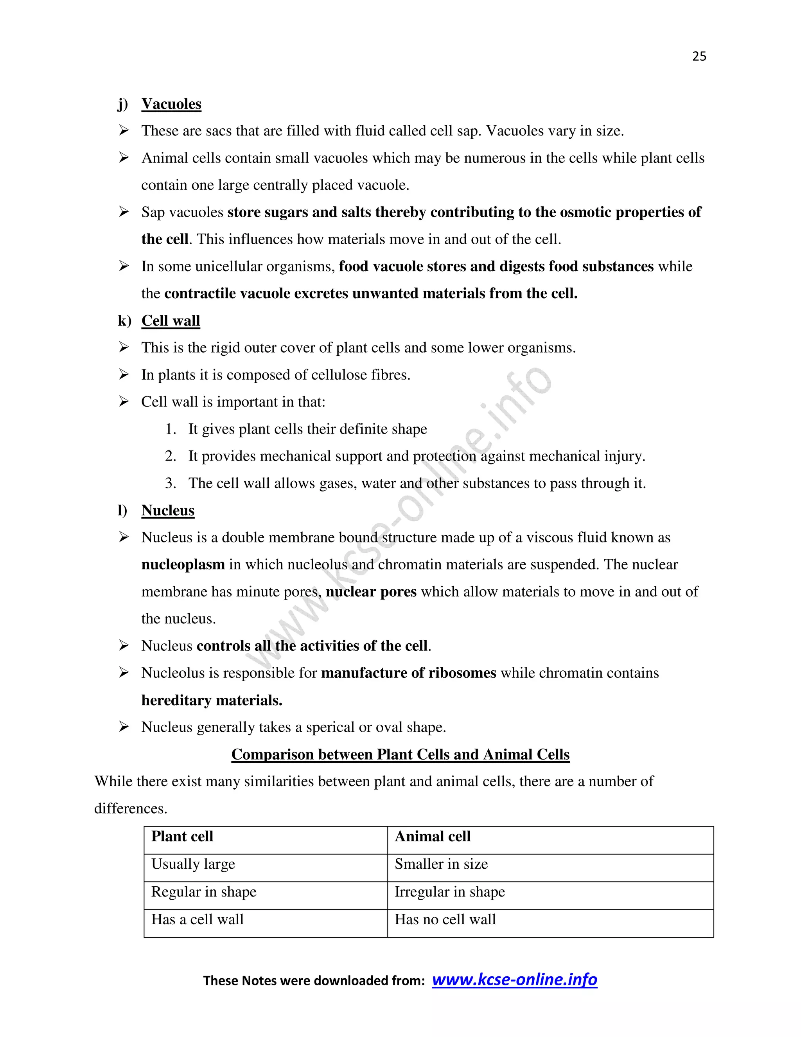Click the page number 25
[699, 56]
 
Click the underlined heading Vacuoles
[171, 104]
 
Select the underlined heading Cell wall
[171, 321]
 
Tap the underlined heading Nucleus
[168, 510]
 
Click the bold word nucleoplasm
[183, 565]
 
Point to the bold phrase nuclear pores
[371, 592]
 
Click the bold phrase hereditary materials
[212, 700]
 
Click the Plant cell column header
[182, 836]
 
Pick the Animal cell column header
[432, 836]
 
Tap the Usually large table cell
[193, 864]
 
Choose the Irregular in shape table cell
[449, 892]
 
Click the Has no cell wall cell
[445, 919]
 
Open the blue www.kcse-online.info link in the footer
[514, 979]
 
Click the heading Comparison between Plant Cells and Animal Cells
[400, 754]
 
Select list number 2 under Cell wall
[171, 456]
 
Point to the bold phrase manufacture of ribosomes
[409, 673]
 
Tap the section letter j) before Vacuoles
[123, 104]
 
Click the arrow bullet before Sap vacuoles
[124, 212]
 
